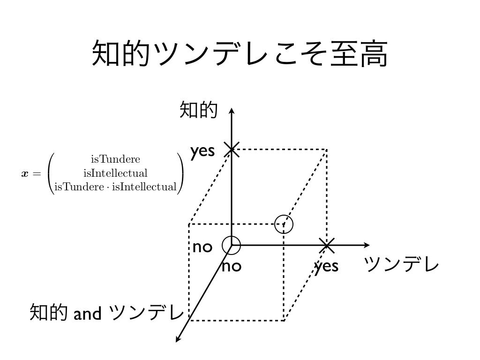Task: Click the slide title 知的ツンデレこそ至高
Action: pyautogui.click(x=240, y=53)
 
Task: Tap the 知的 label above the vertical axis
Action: pyautogui.click(x=198, y=111)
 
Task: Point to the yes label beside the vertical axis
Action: pyautogui.click(x=202, y=151)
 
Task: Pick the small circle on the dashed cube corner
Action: pyautogui.click(x=284, y=224)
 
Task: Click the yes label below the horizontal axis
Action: pyautogui.click(x=326, y=266)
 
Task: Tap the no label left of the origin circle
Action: pyautogui.click(x=202, y=247)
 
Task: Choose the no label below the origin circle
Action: pyautogui.click(x=231, y=267)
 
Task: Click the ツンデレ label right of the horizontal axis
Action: pyautogui.click(x=402, y=266)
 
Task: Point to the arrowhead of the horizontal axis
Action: pyautogui.click(x=366, y=245)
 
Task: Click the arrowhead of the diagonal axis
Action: pyautogui.click(x=178, y=339)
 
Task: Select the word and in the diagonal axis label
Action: pyautogui.click(x=87, y=313)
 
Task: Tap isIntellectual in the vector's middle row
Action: pyautogui.click(x=115, y=172)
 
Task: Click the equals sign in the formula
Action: pyautogui.click(x=37, y=173)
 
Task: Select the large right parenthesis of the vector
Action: pyautogui.click(x=180, y=172)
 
